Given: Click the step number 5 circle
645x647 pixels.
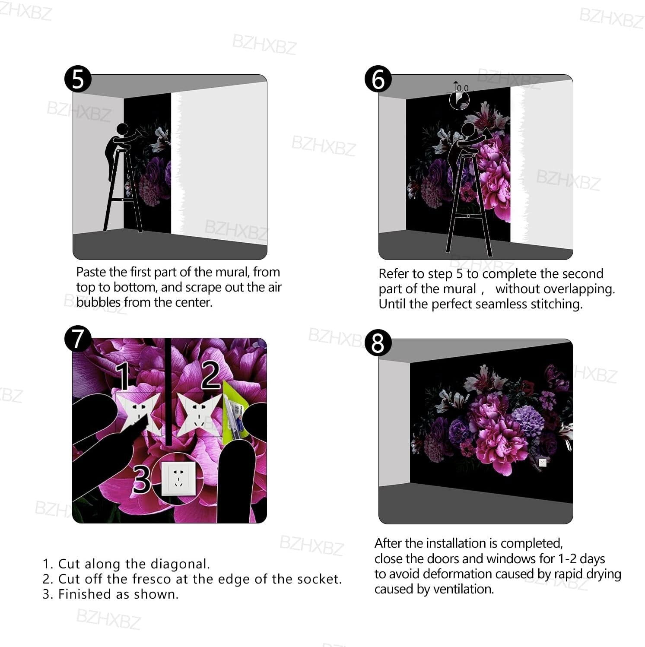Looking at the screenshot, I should (78, 79).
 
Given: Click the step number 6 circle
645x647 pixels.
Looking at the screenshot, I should (378, 79).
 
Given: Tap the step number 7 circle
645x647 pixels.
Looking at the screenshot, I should (78, 339).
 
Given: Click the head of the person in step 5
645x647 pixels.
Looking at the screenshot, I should (123, 129).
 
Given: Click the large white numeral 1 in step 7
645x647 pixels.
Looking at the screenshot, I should (123, 376).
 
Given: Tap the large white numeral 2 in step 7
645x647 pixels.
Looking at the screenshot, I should (210, 375).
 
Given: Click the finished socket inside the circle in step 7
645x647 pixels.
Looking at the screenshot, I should (178, 479).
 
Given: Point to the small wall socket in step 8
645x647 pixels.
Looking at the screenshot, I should (543, 463).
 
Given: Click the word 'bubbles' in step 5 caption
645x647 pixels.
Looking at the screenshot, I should (98, 302).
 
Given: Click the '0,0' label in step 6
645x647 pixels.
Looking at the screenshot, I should (463, 88).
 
